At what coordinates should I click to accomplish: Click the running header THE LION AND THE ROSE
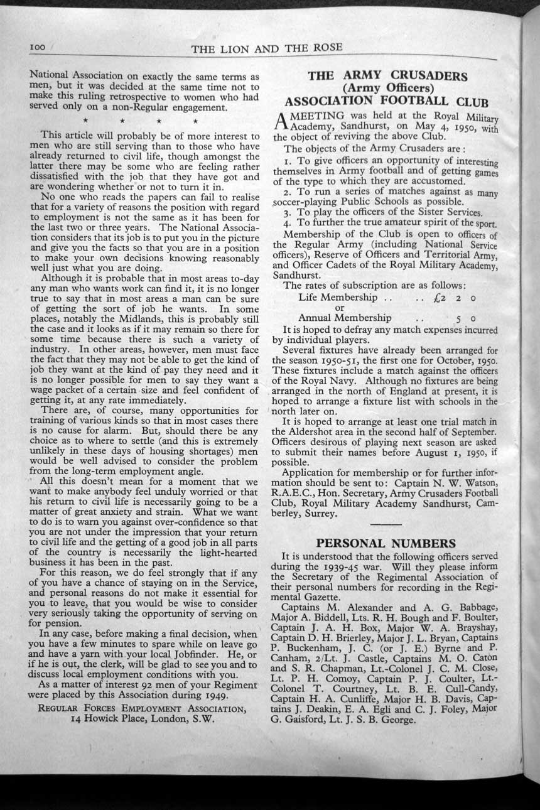pyautogui.click(x=267, y=49)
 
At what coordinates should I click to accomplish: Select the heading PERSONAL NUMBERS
pyautogui.click(x=386, y=543)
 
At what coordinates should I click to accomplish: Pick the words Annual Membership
pyautogui.click(x=345, y=318)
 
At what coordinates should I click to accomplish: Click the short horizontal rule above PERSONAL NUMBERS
pyautogui.click(x=386, y=523)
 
